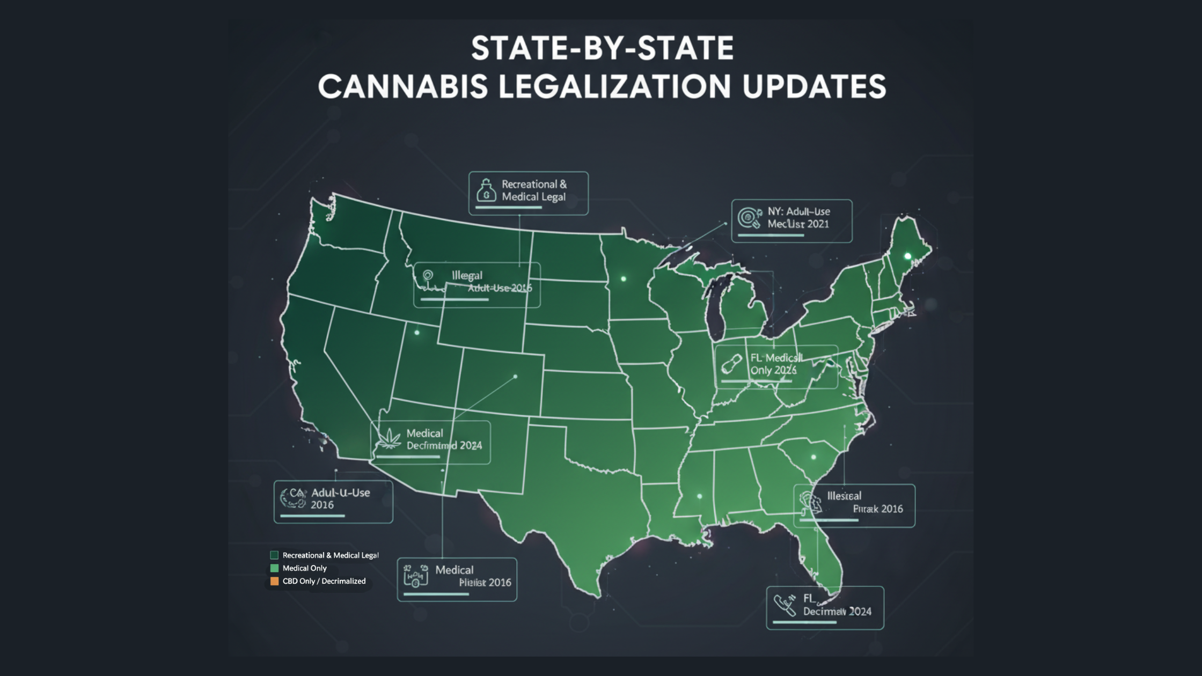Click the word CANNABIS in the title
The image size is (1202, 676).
[x=403, y=86]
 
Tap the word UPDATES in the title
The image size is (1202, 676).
[x=814, y=86]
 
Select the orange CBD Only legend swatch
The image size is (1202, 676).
[x=274, y=581]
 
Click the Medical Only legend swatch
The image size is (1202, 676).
[x=274, y=568]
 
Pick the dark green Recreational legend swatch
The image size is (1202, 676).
[x=274, y=555]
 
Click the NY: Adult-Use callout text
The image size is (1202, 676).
[x=798, y=218]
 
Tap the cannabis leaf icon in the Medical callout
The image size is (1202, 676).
[x=389, y=438]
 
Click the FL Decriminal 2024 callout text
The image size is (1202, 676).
[x=837, y=605]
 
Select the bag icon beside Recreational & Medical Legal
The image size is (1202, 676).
[x=486, y=190]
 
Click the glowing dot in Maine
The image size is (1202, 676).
[x=908, y=256]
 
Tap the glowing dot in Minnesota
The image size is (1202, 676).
[x=624, y=279]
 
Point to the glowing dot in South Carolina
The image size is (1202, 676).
[x=813, y=457]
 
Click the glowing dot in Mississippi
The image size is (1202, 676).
[x=699, y=496]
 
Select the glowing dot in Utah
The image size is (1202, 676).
[x=417, y=333]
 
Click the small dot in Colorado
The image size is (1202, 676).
[x=515, y=377]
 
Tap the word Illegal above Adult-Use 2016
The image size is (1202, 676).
[x=467, y=276]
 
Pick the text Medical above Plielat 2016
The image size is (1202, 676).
[x=454, y=570]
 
